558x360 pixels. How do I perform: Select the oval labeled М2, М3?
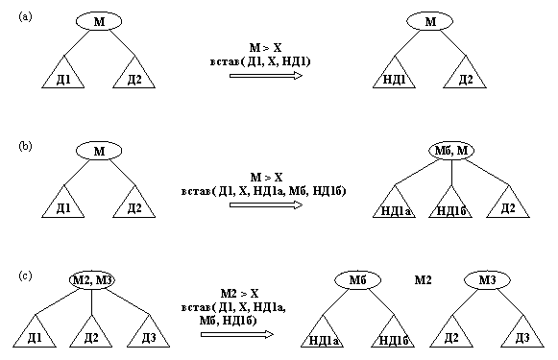point(92,280)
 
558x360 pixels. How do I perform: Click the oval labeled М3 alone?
point(486,280)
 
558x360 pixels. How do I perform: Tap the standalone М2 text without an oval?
point(423,279)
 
